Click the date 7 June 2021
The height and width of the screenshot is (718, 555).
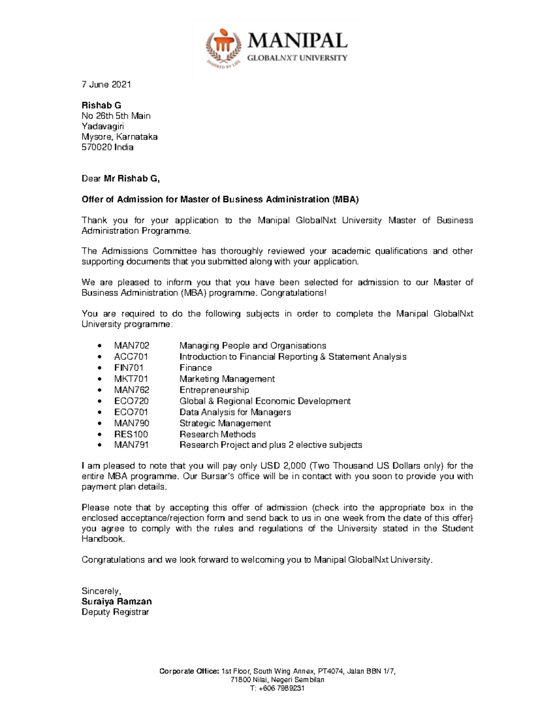pyautogui.click(x=106, y=84)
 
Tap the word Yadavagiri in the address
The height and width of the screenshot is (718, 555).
pyautogui.click(x=102, y=126)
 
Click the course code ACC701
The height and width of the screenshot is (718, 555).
pyautogui.click(x=131, y=356)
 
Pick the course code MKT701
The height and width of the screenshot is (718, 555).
pyautogui.click(x=131, y=379)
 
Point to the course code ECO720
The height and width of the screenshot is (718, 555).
pyautogui.click(x=131, y=401)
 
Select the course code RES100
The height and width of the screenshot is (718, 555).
pyautogui.click(x=131, y=434)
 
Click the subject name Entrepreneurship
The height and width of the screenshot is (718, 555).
pyautogui.click(x=214, y=390)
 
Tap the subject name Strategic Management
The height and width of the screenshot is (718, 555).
pyautogui.click(x=225, y=423)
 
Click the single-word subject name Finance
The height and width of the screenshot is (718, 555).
pyautogui.click(x=196, y=368)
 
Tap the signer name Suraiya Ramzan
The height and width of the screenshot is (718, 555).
pyautogui.click(x=117, y=601)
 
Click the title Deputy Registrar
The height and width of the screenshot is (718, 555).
pyautogui.click(x=115, y=612)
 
